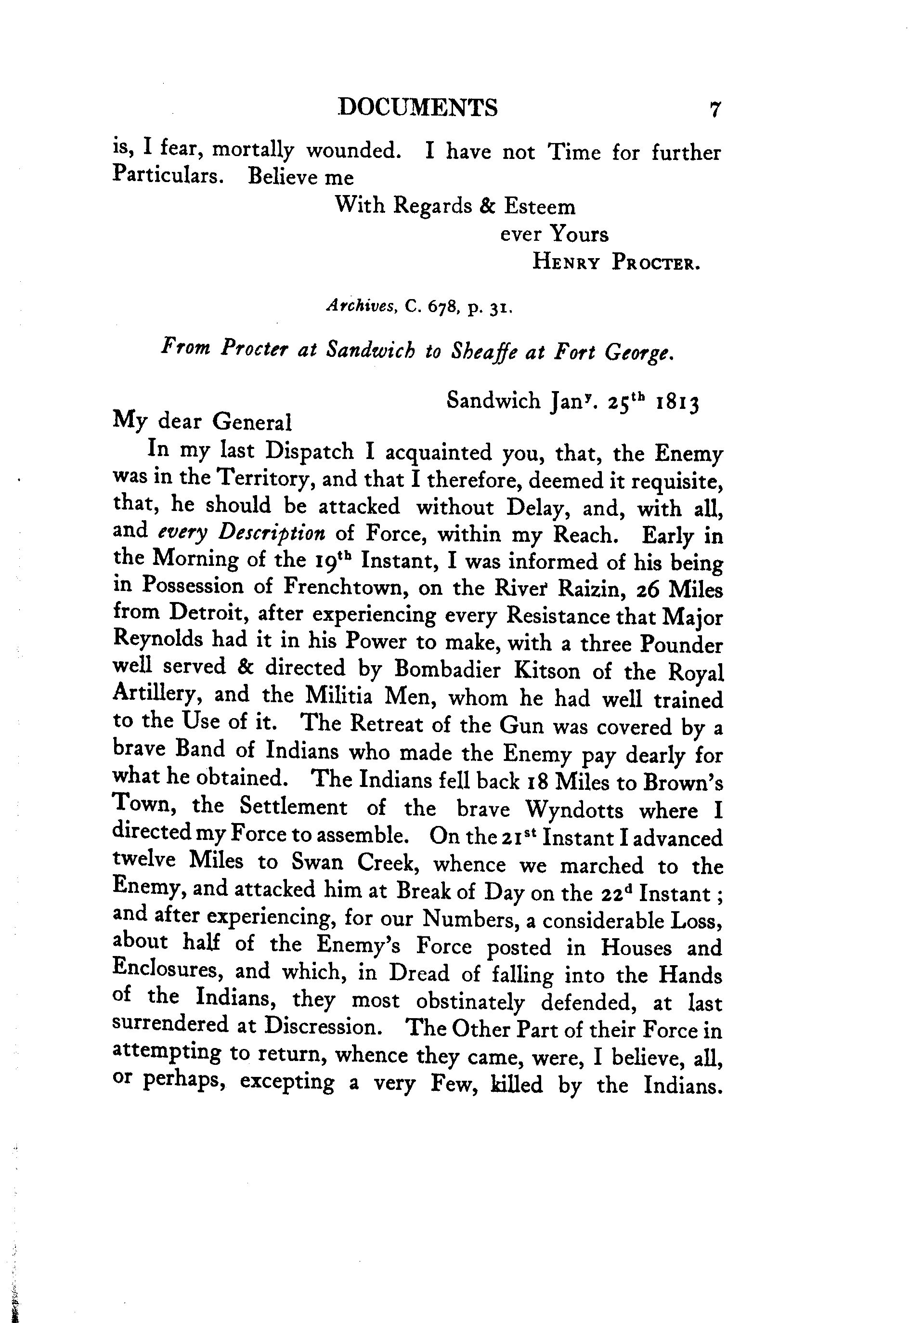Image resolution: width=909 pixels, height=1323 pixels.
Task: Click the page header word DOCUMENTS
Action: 417,107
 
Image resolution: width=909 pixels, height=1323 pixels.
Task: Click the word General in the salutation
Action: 252,422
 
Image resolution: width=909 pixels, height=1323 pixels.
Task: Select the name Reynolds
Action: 158,640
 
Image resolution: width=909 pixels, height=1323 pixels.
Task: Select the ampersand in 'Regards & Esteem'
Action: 487,206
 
